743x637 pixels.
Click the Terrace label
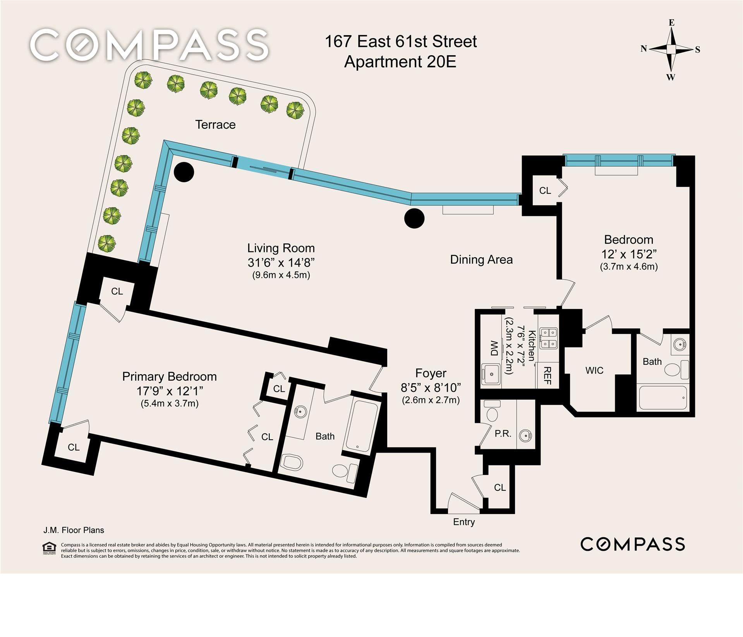[x=215, y=125]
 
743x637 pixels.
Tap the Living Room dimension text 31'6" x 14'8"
[x=281, y=263]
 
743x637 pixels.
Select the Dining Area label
[x=481, y=260]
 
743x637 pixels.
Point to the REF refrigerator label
[x=547, y=376]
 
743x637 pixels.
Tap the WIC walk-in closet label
[x=594, y=371]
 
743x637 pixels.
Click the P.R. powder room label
[x=503, y=434]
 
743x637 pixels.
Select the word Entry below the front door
[x=464, y=522]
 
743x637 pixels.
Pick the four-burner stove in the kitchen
[x=549, y=338]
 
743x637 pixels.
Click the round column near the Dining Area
[x=414, y=219]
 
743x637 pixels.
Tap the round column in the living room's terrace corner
[x=184, y=172]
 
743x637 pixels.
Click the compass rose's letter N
[x=643, y=48]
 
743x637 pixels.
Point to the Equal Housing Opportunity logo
[x=49, y=549]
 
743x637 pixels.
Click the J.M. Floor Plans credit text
[x=74, y=530]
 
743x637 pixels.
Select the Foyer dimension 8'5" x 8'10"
[x=431, y=387]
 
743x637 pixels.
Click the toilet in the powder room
[x=492, y=411]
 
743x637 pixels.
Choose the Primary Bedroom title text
[x=170, y=377]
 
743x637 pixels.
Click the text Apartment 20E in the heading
[x=400, y=62]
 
